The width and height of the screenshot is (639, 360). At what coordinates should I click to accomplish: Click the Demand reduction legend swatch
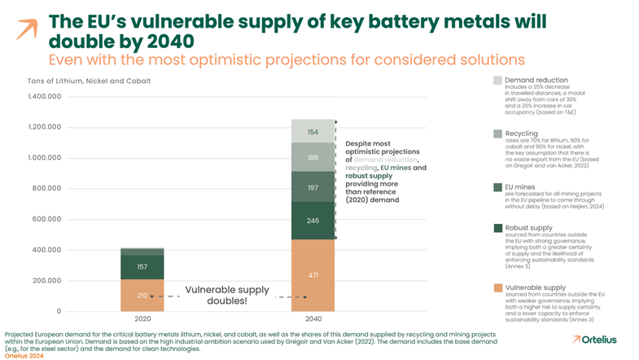(498, 80)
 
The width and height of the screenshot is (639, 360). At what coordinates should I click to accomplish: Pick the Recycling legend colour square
(498, 133)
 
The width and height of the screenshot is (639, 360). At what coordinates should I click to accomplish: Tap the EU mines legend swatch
(498, 186)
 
